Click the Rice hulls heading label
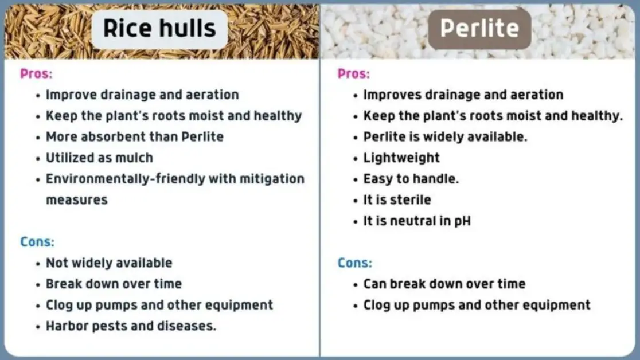159,29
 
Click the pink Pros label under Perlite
354,74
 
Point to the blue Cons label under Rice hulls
37,242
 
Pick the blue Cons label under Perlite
355,263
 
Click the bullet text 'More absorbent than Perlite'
135,137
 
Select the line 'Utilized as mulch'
99,158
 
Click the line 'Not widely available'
109,263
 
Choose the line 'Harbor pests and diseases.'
131,326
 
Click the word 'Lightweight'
401,158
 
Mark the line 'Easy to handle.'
411,179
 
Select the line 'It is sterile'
397,200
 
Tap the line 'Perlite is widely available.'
445,137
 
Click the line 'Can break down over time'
444,284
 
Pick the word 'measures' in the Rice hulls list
77,200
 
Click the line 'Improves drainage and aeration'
463,95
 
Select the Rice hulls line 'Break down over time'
114,284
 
